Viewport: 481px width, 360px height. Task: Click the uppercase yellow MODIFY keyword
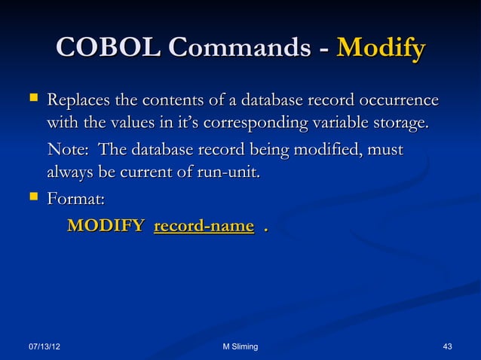click(x=106, y=225)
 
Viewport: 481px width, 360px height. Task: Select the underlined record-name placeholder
click(x=204, y=225)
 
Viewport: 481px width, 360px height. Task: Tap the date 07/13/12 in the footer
click(x=44, y=346)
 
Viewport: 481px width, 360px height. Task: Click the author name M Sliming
click(x=240, y=346)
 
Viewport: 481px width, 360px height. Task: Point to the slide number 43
click(x=448, y=346)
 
